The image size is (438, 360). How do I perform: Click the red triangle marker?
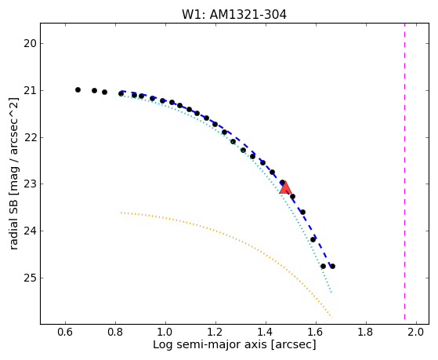pos(285,187)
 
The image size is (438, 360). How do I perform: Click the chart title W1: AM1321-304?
pos(234,15)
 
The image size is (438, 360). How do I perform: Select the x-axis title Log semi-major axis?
pos(234,344)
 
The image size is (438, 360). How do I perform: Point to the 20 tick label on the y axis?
pos(30,44)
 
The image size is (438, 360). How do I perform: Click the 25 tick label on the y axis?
pos(30,278)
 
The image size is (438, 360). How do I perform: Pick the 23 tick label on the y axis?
pos(30,184)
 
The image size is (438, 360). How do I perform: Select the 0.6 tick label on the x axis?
pos(65,333)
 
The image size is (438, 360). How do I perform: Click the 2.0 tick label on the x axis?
pos(417,333)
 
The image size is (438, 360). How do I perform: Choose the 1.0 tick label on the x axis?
pos(165,333)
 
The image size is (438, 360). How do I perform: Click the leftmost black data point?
pos(78,89)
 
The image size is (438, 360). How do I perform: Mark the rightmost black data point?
pos(332,267)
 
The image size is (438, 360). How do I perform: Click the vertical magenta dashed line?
pos(405,171)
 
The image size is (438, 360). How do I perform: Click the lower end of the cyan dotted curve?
pos(331,293)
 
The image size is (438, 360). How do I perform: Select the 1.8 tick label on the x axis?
pos(366,333)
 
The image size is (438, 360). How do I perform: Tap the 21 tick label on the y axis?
pos(30,91)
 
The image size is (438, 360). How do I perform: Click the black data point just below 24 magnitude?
pos(313,239)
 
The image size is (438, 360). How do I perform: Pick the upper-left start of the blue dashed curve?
pos(121,91)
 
